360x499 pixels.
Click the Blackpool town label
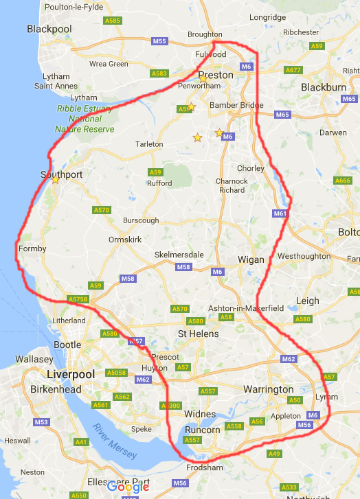49,29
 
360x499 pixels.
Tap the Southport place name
62,174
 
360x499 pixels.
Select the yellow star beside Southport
55,181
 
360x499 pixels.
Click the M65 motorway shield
282,115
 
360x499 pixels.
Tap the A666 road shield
342,181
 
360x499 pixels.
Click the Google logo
128,487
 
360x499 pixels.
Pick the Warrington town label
269,389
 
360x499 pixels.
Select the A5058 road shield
117,373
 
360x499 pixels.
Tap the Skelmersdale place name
179,254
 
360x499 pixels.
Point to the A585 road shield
113,21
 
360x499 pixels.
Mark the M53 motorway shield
41,422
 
